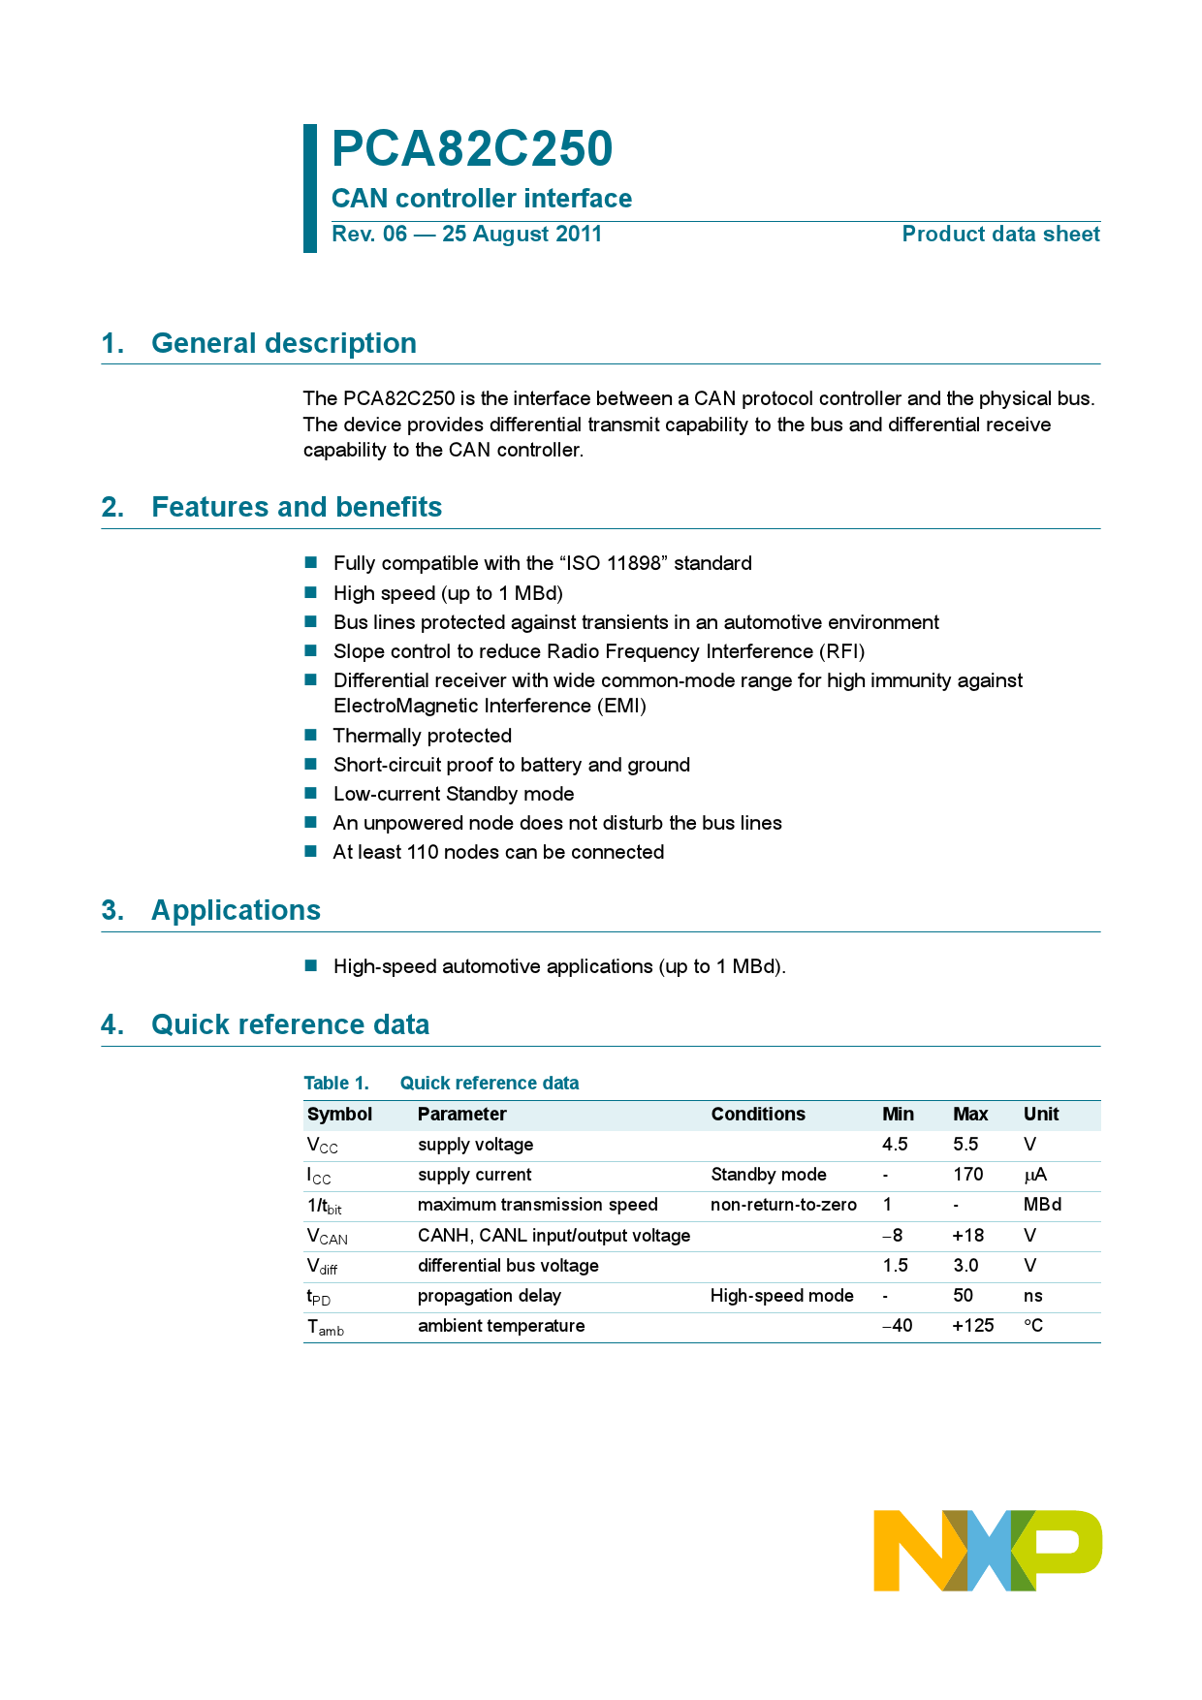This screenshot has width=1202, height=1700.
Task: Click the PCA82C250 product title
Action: pos(472,149)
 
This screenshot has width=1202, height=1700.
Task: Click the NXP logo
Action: pos(987,1550)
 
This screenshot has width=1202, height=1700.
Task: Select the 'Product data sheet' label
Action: pos(1000,235)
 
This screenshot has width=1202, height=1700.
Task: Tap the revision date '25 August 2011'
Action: pos(522,235)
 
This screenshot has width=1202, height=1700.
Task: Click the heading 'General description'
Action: pos(284,343)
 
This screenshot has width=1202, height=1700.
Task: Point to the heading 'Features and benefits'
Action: pos(297,507)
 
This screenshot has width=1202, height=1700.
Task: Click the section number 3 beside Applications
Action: pos(112,910)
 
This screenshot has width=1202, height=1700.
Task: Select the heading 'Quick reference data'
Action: pos(290,1024)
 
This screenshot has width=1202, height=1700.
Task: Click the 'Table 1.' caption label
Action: pos(336,1084)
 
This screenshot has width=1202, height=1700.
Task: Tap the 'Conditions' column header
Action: pos(758,1115)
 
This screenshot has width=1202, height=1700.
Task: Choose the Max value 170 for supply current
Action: pos(967,1175)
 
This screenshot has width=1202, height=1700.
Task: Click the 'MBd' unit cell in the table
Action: pos(1042,1205)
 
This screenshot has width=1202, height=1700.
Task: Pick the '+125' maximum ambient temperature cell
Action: pos(972,1326)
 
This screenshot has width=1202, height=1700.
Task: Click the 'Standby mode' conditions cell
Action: pos(769,1175)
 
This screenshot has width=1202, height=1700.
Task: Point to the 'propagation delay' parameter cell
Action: pos(490,1296)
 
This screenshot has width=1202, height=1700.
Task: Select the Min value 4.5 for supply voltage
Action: pos(895,1145)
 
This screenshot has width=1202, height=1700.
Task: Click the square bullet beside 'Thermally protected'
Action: pos(311,736)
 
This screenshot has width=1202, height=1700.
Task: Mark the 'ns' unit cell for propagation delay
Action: pos(1032,1296)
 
